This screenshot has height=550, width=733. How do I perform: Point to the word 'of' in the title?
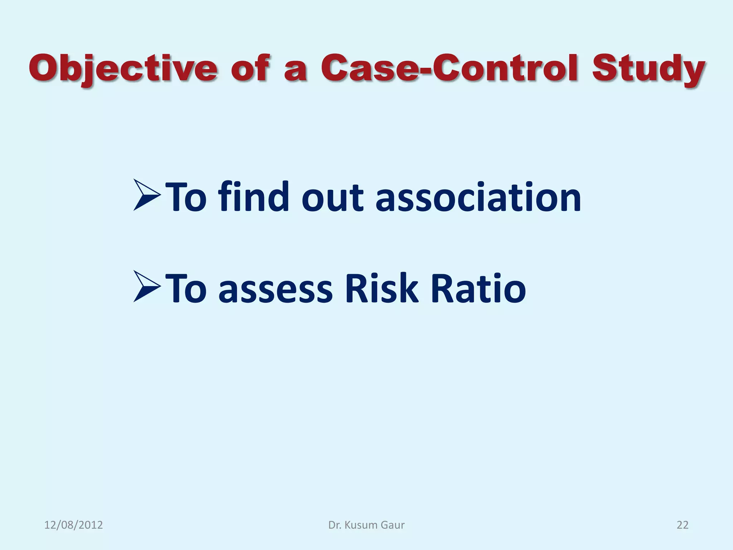(x=250, y=68)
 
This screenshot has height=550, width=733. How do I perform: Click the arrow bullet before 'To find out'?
(x=147, y=195)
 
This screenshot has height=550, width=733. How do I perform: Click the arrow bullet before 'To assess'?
(x=147, y=286)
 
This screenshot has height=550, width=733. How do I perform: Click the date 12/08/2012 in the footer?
(x=73, y=525)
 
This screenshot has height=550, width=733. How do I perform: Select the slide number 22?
(x=682, y=525)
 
